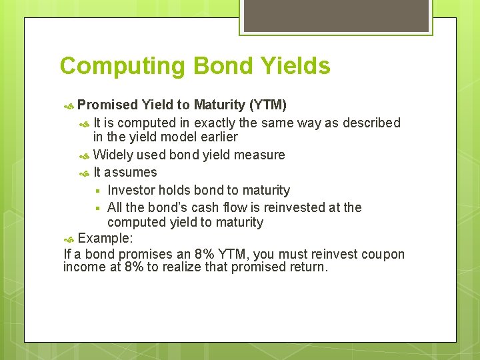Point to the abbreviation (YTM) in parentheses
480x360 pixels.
pyautogui.click(x=267, y=105)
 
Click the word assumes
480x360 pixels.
pyautogui.click(x=131, y=173)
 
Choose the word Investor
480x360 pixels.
pyautogui.click(x=131, y=191)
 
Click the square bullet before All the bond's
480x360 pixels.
pyautogui.click(x=97, y=208)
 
